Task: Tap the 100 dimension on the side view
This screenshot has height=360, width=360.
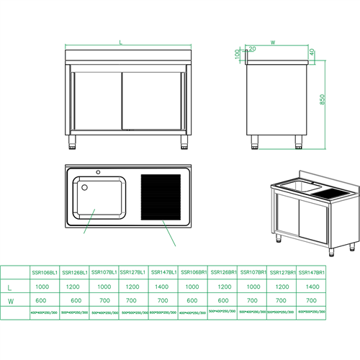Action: pos(237,55)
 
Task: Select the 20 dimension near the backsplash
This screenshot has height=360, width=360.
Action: pos(251,48)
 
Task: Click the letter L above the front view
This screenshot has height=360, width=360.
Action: pos(120,44)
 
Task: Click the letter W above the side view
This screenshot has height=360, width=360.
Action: pos(272,42)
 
